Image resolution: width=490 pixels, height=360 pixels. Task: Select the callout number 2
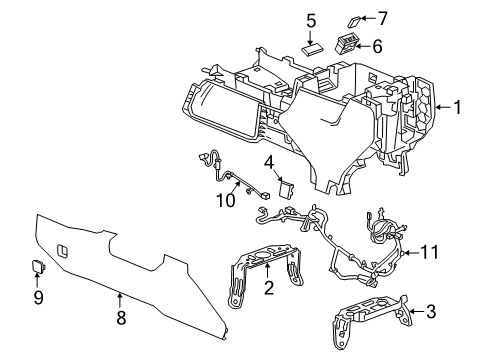268,289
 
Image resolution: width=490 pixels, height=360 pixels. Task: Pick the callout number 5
311,19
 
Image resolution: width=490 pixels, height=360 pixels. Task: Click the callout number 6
377,46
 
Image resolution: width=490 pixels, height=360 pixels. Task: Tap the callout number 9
38,296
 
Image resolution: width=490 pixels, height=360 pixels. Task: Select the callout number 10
226,200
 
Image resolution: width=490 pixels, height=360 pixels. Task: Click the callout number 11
428,254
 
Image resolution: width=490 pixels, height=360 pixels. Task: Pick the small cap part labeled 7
354,19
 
